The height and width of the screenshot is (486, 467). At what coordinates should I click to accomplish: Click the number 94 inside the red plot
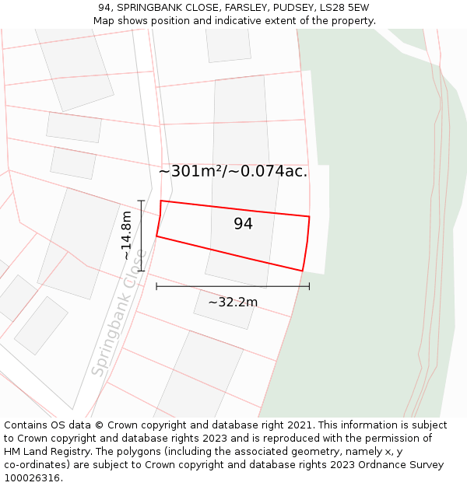pos(243,224)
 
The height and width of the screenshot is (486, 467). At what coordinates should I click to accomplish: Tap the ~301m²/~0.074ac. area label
pos(233,171)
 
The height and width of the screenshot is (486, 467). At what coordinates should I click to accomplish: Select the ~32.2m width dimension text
pos(232,302)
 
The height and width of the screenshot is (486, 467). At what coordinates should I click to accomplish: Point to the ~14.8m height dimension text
pos(126,236)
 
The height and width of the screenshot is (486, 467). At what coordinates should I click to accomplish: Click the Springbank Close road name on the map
pos(119,313)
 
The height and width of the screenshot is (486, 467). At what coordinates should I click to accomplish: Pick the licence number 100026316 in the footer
pos(31,477)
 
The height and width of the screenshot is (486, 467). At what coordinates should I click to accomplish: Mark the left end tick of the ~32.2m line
pos(156,286)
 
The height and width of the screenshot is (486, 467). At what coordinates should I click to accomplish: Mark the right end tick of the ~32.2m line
pos(309,286)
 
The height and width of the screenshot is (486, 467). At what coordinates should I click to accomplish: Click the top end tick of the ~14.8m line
pos(142,201)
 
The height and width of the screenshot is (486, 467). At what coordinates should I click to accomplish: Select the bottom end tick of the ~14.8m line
pos(142,271)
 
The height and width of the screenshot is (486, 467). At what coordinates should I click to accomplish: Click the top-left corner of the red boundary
pos(161,201)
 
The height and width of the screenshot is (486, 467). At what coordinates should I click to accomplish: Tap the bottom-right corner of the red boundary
pos(302,271)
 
